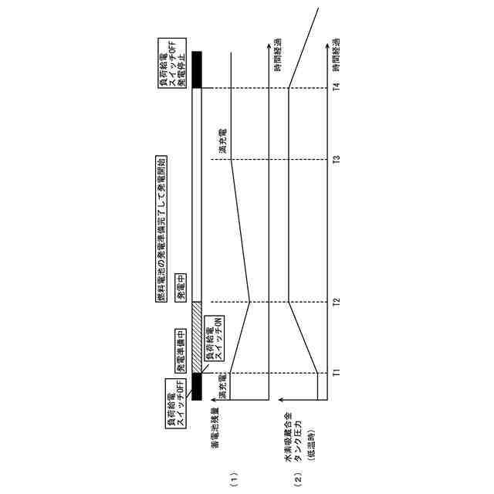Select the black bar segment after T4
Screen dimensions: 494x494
[x=196, y=69]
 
